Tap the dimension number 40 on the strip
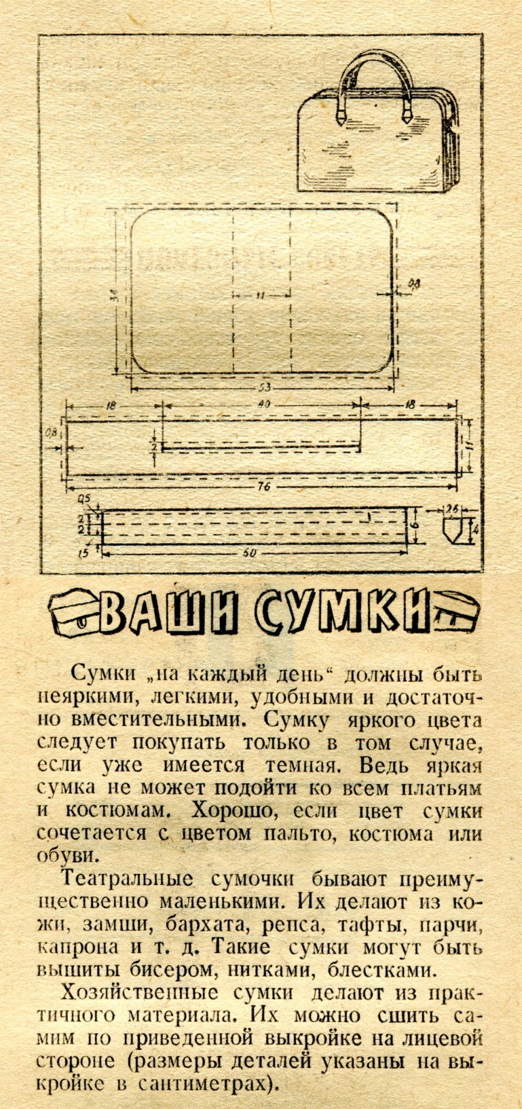[x=265, y=405]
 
